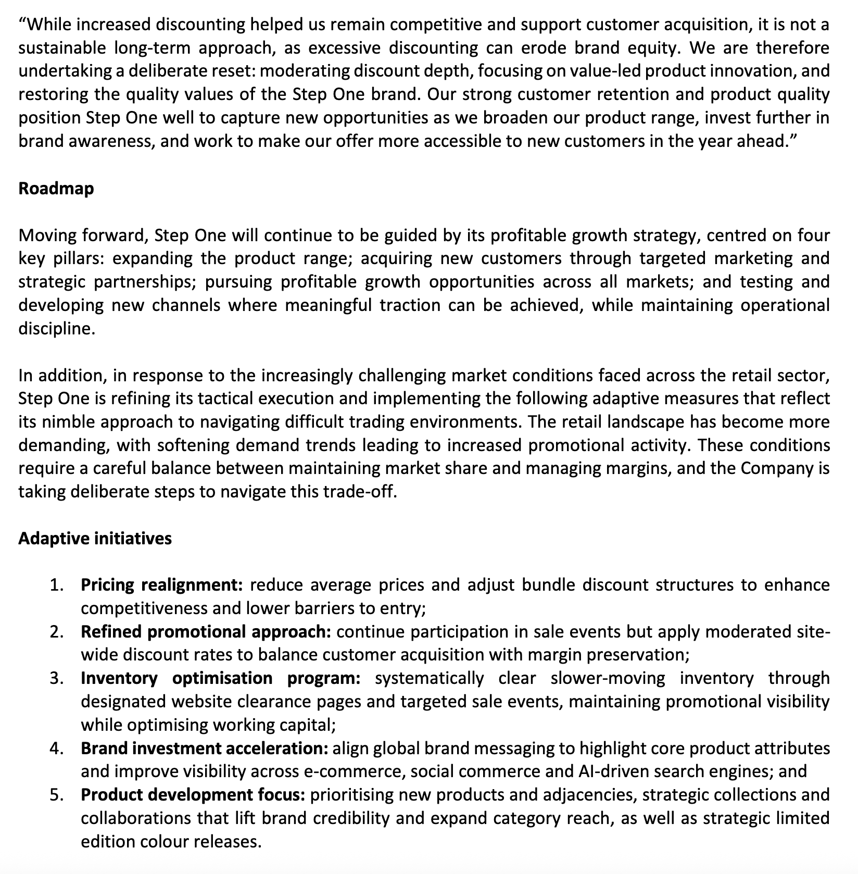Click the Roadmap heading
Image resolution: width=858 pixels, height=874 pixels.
point(56,189)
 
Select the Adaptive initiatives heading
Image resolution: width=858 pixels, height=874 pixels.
point(95,538)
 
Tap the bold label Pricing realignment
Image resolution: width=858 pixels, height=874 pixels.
point(162,585)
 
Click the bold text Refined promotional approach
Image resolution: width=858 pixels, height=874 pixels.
point(206,631)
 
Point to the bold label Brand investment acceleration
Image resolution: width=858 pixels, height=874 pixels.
point(204,748)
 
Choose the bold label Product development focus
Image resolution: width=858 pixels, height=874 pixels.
point(192,795)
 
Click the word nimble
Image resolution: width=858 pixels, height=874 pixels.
point(70,422)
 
